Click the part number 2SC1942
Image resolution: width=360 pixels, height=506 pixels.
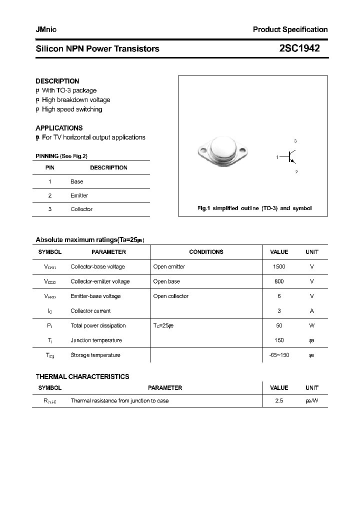(299, 48)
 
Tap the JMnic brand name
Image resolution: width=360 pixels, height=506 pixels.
(46, 29)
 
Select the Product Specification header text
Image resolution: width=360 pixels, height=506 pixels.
(290, 29)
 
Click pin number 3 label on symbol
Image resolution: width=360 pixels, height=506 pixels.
(295, 141)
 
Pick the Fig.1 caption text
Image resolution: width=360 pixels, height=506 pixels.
(254, 208)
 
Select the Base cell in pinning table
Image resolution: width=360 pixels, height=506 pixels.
(76, 181)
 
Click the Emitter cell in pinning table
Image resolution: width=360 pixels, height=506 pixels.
(79, 195)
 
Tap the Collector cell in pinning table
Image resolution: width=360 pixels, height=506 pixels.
(81, 209)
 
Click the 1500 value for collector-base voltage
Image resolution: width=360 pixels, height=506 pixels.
(279, 267)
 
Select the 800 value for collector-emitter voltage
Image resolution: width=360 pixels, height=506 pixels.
(279, 281)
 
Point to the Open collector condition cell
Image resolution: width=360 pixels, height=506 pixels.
(170, 296)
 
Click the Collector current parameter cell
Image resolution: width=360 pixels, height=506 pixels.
(90, 311)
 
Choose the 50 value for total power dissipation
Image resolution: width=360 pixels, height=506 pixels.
(279, 325)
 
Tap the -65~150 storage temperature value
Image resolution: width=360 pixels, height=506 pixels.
(279, 355)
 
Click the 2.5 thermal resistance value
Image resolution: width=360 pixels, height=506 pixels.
(279, 401)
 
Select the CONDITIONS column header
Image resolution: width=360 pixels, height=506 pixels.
(206, 252)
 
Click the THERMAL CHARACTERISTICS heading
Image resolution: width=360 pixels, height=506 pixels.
(82, 376)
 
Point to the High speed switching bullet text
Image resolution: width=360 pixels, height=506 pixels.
(71, 109)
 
